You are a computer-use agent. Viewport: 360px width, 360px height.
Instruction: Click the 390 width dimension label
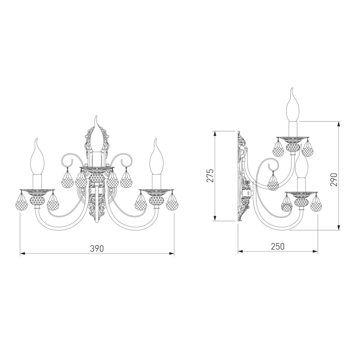point(97,248)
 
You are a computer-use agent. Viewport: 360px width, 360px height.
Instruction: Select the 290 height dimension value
point(334,180)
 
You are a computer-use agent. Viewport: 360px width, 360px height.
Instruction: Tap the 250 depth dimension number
point(278,246)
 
